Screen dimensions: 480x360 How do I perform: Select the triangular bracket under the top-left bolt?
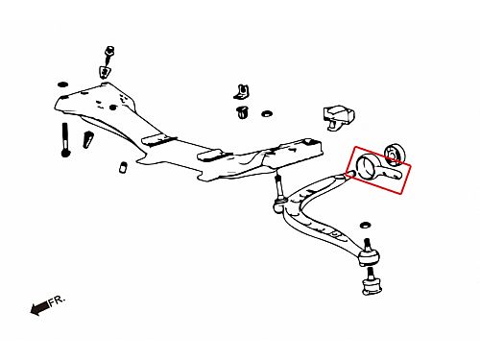point(105,73)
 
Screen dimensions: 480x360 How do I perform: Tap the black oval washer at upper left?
point(62,84)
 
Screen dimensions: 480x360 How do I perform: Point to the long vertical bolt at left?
point(65,140)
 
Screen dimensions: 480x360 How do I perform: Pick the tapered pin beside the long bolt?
point(87,139)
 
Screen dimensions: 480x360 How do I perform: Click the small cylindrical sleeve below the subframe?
point(123,168)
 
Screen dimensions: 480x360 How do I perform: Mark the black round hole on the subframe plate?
point(112,108)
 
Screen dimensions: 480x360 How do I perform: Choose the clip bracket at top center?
point(242,92)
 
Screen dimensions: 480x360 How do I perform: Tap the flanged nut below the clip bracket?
point(243,112)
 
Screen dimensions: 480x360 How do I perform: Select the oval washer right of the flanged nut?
point(266,113)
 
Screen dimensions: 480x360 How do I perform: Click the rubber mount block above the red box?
point(339,117)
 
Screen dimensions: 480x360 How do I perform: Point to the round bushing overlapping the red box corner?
point(395,155)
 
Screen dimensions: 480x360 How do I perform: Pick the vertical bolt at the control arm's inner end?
point(279,194)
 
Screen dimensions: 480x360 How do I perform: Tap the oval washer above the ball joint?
point(365,225)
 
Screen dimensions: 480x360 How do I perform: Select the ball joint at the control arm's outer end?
point(369,253)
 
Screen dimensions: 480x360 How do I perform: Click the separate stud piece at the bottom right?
point(372,282)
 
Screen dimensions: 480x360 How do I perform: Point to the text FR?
point(57,300)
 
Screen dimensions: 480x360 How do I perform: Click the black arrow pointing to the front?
point(39,308)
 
